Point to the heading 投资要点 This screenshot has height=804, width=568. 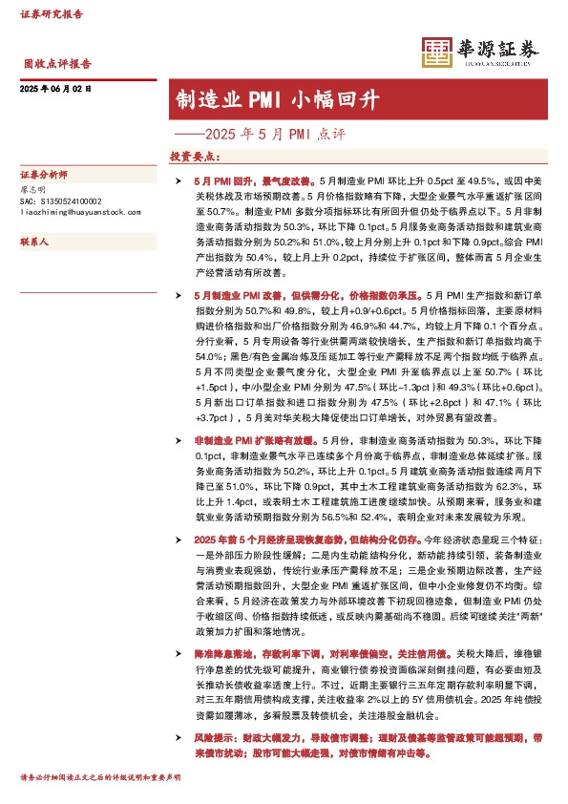click(195, 156)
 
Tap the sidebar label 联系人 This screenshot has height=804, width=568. click(33, 243)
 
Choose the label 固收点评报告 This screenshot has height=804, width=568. click(57, 65)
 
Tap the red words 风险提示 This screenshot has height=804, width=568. click(212, 738)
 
